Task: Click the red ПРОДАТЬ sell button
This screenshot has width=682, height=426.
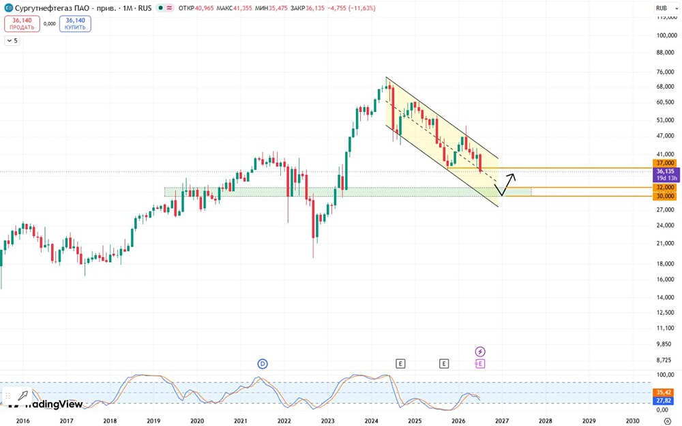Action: [x=23, y=23]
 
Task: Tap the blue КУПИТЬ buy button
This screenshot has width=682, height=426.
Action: [x=75, y=23]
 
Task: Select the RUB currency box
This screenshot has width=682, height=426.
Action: [x=662, y=8]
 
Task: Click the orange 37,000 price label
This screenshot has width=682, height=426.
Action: [x=666, y=163]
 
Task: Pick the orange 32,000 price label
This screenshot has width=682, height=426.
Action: [x=666, y=187]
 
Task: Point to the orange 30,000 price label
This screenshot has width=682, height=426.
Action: [x=666, y=196]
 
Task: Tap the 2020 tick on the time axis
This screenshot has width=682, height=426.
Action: [x=196, y=421]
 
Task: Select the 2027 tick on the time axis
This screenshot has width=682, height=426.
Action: [x=502, y=421]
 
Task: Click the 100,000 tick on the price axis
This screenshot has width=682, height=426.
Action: [x=666, y=35]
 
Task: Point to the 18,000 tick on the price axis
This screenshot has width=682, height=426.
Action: [x=666, y=264]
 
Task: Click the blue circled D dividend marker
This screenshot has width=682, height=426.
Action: [x=263, y=364]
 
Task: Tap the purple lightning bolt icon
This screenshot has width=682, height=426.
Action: [x=479, y=352]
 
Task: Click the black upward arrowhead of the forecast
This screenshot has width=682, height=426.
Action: [x=512, y=176]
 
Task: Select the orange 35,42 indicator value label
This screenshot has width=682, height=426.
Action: [x=666, y=393]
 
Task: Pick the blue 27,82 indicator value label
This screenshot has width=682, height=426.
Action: [x=666, y=401]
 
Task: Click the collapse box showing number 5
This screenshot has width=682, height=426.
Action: [x=12, y=40]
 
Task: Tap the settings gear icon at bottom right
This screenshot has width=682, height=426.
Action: [x=668, y=421]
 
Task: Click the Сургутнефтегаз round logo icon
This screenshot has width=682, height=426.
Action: [x=8, y=8]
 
